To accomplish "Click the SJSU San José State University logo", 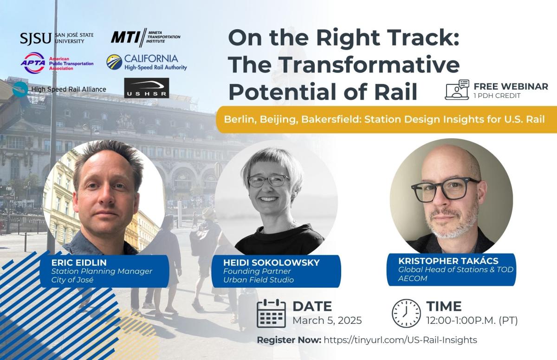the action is (57, 38).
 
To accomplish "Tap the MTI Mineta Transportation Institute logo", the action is (145, 38).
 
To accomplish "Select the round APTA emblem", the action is (33, 63).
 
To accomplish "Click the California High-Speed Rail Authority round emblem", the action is (114, 62).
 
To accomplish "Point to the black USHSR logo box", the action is (147, 88).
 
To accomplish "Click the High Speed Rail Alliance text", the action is (69, 89).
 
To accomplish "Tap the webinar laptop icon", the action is (457, 90).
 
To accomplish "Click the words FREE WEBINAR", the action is (511, 86).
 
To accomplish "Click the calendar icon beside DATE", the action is (271, 313).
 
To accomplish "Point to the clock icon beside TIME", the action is (406, 313).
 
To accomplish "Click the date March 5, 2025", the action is (327, 321).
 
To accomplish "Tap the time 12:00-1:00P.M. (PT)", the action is (472, 321).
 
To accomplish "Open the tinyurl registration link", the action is (400, 340).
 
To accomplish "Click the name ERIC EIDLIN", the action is (79, 263).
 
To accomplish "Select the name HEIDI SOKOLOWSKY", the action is (271, 263).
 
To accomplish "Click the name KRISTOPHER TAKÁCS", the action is (448, 261).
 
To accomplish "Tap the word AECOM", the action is (413, 278).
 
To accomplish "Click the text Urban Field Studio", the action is (259, 280).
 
